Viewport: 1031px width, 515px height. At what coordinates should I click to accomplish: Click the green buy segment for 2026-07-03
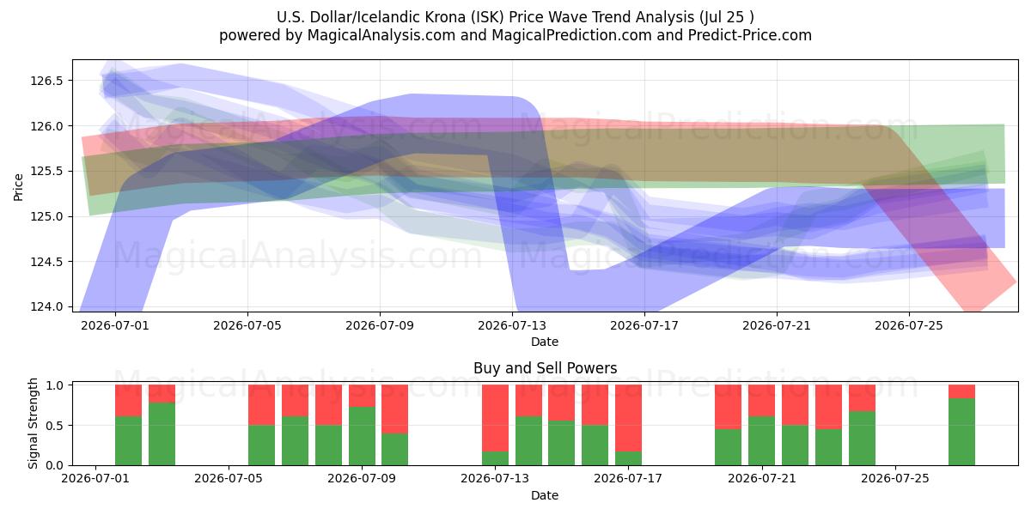coord(162,434)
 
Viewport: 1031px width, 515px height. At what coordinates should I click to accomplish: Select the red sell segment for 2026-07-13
coord(495,418)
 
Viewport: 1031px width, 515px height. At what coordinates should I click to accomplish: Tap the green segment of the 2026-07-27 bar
coord(961,432)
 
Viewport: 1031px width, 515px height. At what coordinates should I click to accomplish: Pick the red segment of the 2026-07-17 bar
coord(628,418)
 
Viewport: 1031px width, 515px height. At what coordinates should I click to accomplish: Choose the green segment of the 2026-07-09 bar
coord(362,436)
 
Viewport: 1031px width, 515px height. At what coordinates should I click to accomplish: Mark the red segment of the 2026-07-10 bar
coord(395,409)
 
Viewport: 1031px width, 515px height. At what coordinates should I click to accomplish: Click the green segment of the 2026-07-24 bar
coord(862,439)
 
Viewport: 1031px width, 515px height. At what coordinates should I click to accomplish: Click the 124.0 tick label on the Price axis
coord(46,306)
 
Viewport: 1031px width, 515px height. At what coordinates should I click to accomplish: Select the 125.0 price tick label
coord(46,216)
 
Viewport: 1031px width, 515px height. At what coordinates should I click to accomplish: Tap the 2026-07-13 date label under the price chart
coord(512,325)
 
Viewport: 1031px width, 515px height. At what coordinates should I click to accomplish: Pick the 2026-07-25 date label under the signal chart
coord(895,478)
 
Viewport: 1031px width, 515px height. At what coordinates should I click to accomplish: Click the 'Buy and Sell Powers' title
coord(545,368)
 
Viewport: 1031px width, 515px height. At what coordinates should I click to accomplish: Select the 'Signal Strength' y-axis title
coord(33,423)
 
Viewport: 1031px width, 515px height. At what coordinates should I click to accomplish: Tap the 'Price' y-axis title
coord(18,187)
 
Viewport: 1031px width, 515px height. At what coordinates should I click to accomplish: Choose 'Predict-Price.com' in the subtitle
coord(750,35)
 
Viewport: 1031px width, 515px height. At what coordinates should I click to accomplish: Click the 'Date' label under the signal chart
coord(545,495)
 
